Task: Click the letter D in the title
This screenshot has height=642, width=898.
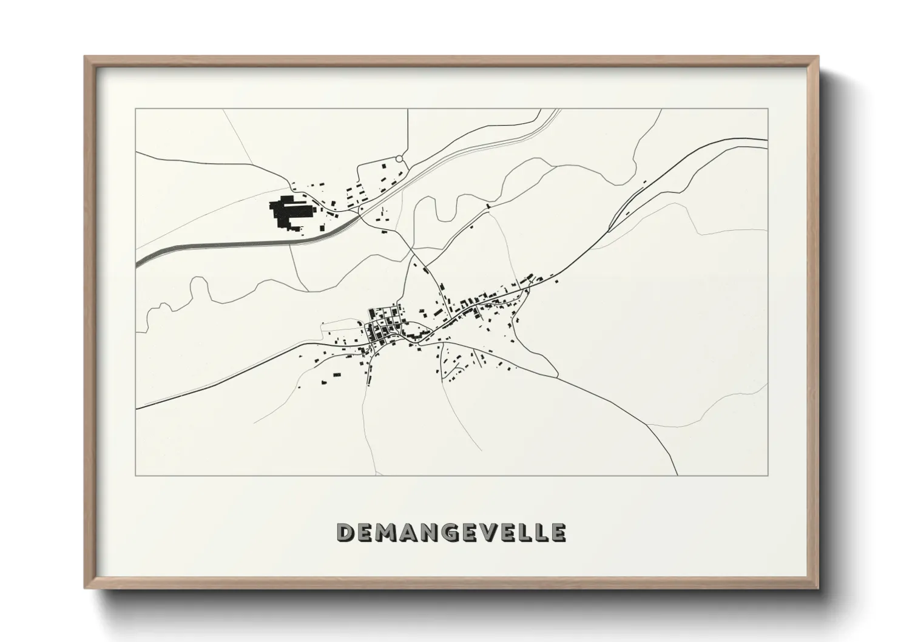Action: pos(346,533)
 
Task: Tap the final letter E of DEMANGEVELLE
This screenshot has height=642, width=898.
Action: pos(558,533)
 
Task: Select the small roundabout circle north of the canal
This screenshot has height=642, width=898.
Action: pos(399,159)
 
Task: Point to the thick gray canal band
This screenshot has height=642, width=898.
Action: pos(243,243)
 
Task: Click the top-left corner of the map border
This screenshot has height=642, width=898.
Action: pos(136,109)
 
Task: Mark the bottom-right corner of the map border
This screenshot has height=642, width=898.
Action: pos(768,475)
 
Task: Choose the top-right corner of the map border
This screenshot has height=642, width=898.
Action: pos(768,109)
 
